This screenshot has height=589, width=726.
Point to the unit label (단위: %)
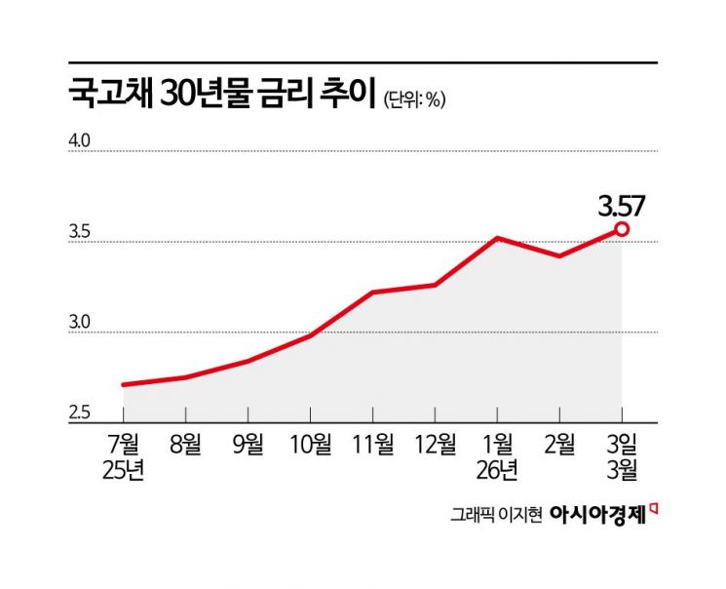pyautogui.click(x=414, y=99)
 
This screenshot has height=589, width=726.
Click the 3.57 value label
pyautogui.click(x=621, y=206)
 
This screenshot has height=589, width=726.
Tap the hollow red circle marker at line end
pyautogui.click(x=621, y=229)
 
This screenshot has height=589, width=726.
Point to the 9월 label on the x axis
pyautogui.click(x=247, y=445)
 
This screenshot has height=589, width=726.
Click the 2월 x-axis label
pyautogui.click(x=558, y=445)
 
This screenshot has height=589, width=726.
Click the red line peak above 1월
pyautogui.click(x=496, y=238)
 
